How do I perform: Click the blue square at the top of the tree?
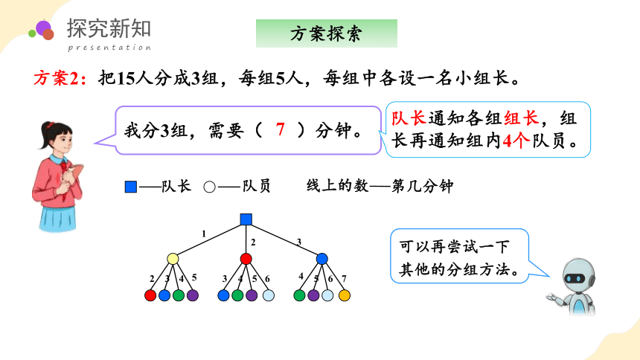click(x=246, y=219)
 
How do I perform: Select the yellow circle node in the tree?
click(x=173, y=258)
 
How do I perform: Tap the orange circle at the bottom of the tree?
click(x=344, y=295)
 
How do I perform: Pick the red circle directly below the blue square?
click(x=246, y=258)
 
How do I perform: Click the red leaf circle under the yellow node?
click(x=150, y=295)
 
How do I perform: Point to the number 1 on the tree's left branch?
click(x=204, y=234)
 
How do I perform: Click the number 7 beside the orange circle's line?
click(x=344, y=278)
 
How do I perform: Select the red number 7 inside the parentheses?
click(x=280, y=129)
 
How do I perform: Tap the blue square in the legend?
click(x=131, y=187)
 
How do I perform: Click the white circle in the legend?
click(x=209, y=187)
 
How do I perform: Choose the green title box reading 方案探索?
click(x=327, y=33)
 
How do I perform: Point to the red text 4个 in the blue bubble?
click(x=516, y=141)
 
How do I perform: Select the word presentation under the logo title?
click(x=109, y=48)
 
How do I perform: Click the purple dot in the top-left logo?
click(x=43, y=28)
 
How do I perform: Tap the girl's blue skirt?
click(x=57, y=219)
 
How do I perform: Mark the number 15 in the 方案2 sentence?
click(x=125, y=78)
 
